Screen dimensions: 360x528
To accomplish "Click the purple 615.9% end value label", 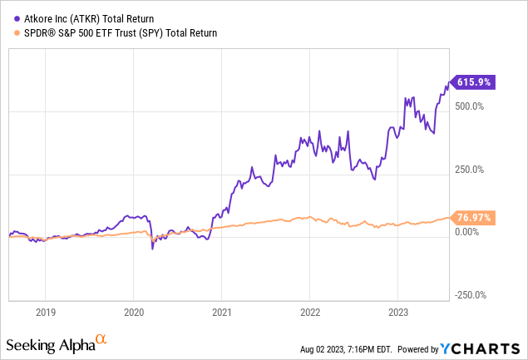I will (x=474, y=82).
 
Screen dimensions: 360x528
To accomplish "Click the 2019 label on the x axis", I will (x=46, y=313).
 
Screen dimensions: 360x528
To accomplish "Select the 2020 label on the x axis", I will (x=134, y=313).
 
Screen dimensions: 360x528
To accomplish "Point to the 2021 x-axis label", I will (x=221, y=313).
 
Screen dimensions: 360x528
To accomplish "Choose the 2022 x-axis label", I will (x=309, y=313).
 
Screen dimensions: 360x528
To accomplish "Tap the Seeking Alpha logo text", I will (x=49, y=344).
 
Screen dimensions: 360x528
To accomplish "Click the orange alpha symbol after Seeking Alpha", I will (x=101, y=339).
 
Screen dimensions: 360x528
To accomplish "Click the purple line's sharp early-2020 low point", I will (x=152, y=248).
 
